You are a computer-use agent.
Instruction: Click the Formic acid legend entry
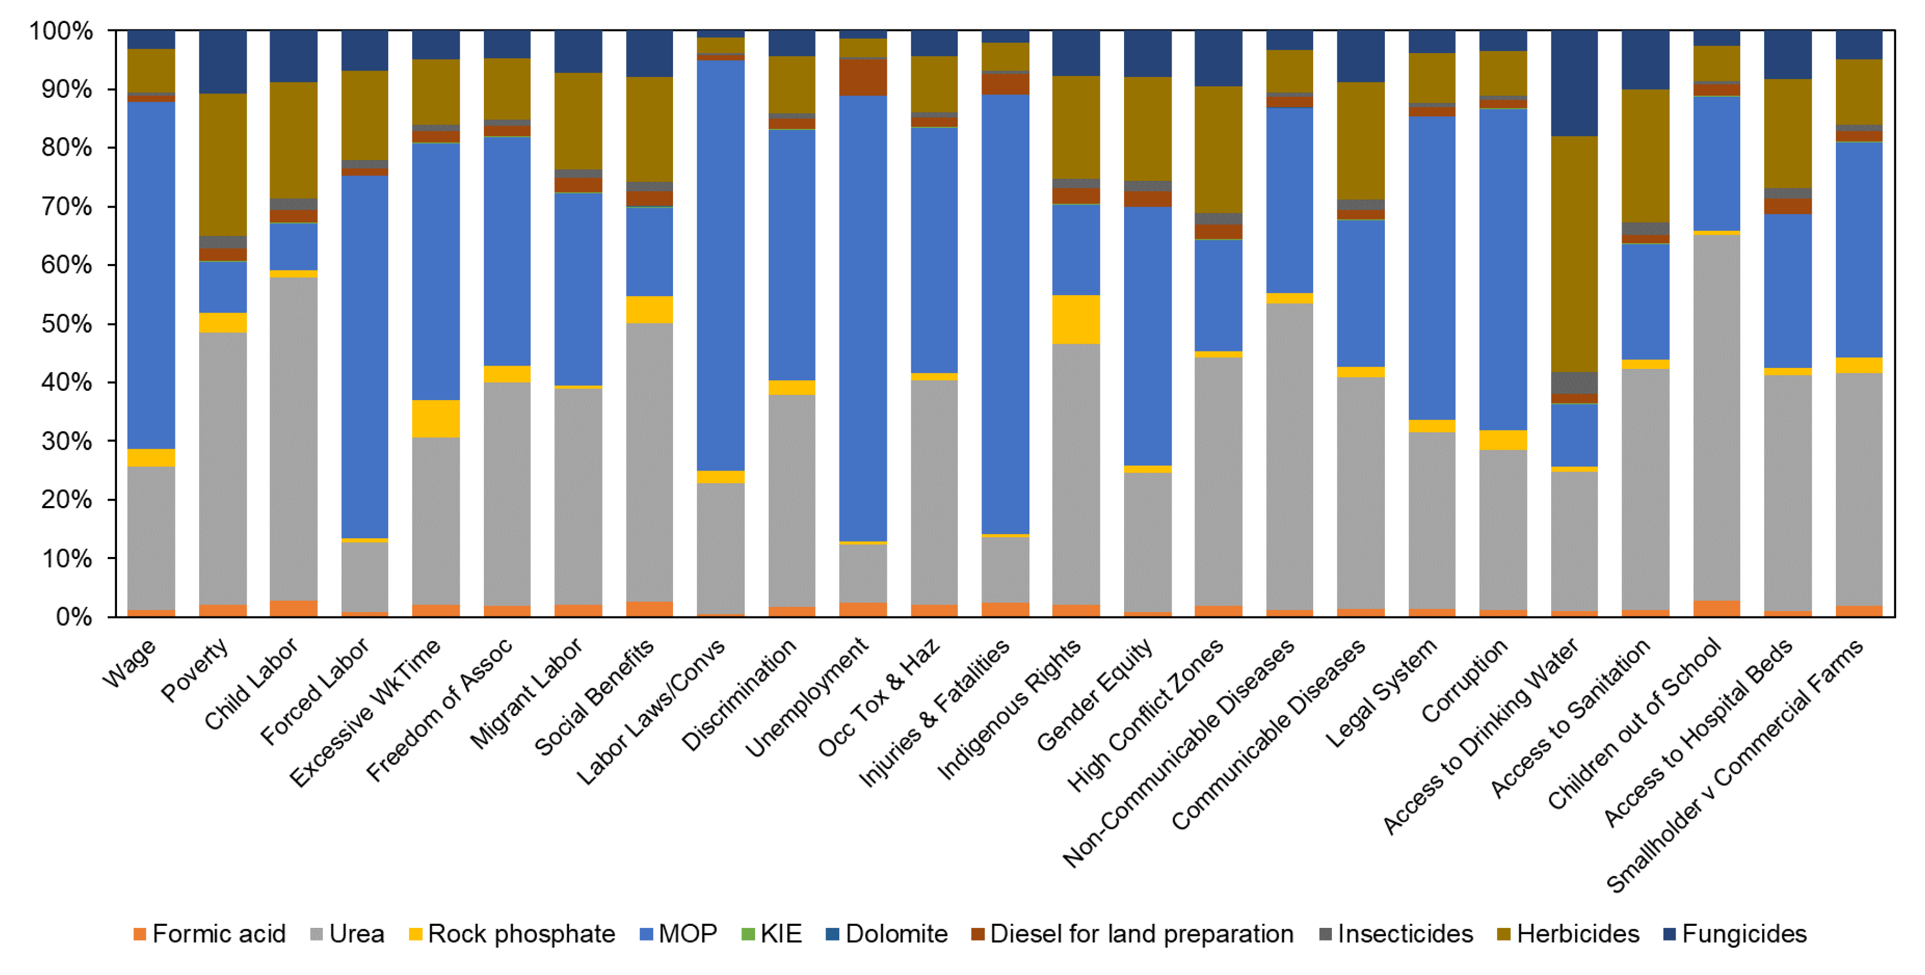coord(209,934)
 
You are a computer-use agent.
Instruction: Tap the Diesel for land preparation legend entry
coord(1132,934)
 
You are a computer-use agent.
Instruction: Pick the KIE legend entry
coord(772,934)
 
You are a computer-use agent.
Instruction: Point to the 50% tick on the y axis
coord(67,324)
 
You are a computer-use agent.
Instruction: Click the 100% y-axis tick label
coord(61,31)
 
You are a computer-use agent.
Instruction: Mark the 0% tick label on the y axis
coord(74,617)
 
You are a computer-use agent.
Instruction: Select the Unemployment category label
coord(807,697)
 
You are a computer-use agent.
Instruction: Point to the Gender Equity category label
coord(1095,695)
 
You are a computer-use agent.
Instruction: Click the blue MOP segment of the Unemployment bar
coord(863,318)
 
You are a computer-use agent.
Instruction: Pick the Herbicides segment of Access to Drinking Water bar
coord(1575,254)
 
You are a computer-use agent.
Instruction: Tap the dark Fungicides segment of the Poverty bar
coord(223,62)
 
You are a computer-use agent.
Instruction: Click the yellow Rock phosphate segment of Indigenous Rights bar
coord(1076,320)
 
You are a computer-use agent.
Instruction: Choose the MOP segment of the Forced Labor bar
coord(365,357)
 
